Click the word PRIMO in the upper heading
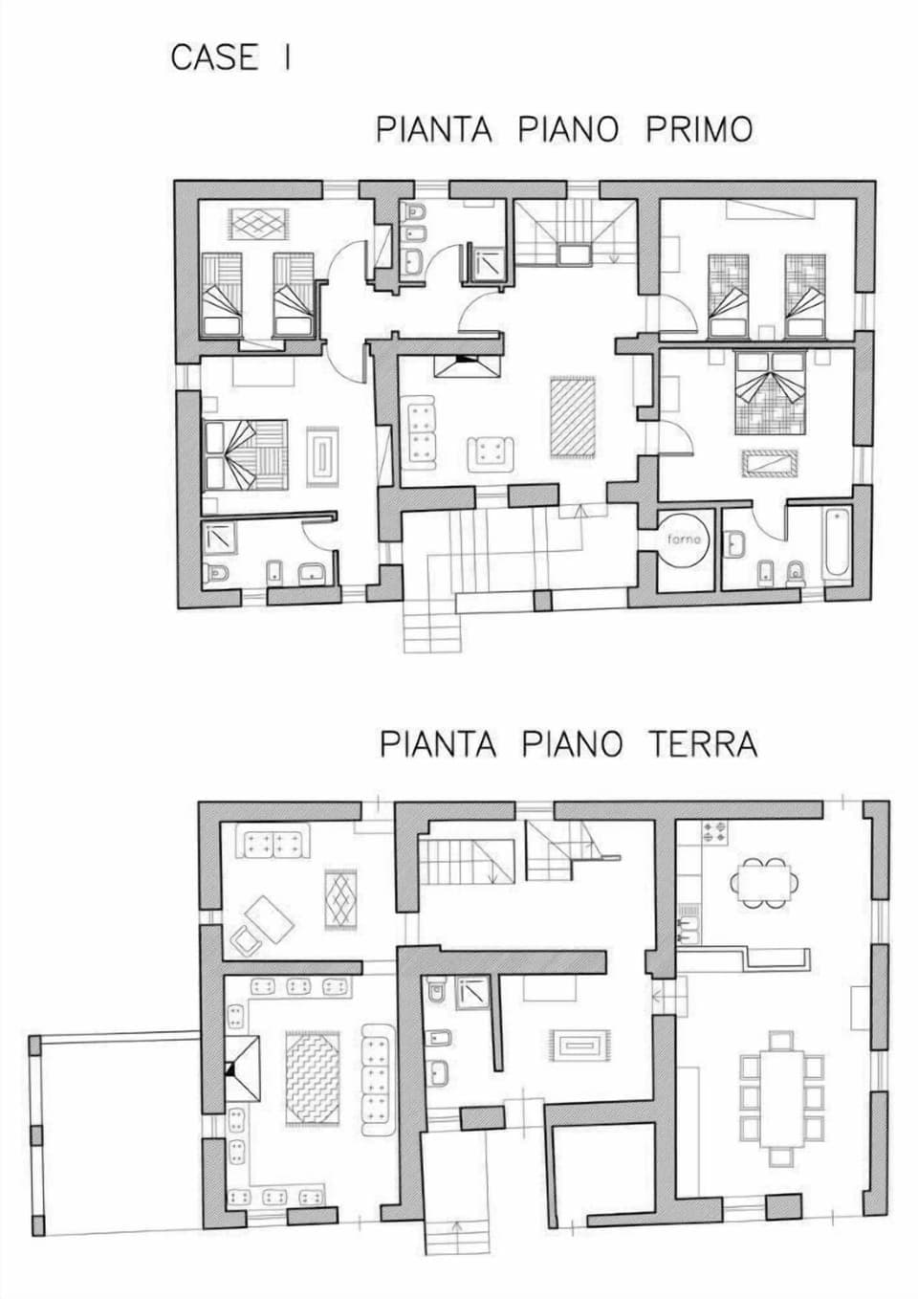(699, 129)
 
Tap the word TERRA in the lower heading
(705, 744)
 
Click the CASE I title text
(230, 58)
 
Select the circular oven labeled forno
(687, 539)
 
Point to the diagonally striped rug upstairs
(573, 417)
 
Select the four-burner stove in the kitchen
(714, 831)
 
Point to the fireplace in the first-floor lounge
(467, 366)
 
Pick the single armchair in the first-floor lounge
(491, 450)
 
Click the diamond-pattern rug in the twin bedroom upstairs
(260, 223)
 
